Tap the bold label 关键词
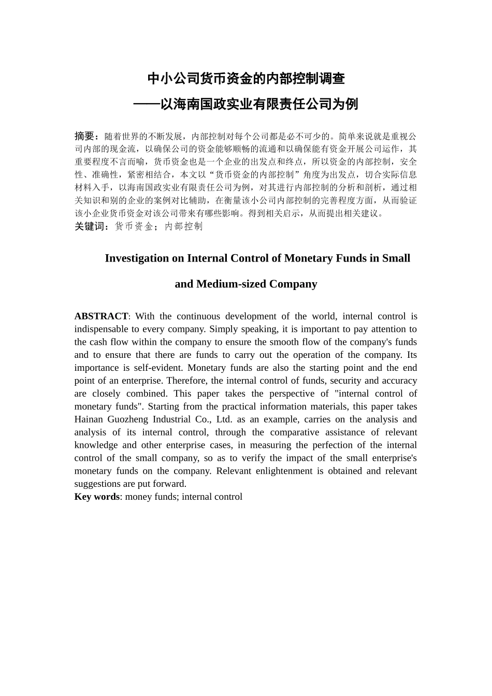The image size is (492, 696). [x=89, y=226]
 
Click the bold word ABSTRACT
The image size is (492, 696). [x=101, y=316]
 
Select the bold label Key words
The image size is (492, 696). [x=97, y=497]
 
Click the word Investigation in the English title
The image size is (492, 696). [x=137, y=258]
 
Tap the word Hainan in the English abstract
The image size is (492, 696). [x=89, y=419]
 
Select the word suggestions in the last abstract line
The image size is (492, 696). [x=97, y=484]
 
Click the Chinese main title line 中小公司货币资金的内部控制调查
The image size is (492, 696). [x=246, y=79]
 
